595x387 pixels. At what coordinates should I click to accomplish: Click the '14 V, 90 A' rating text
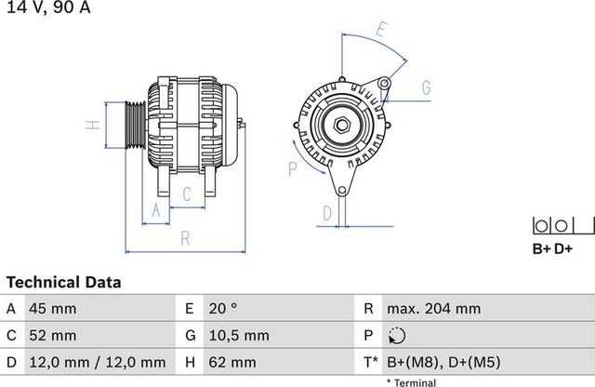(48, 9)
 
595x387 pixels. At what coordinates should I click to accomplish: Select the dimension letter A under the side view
(156, 212)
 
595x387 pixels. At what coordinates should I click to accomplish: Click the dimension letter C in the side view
(186, 193)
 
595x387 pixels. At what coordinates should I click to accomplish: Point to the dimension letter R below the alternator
(185, 238)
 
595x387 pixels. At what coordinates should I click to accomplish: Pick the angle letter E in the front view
(381, 29)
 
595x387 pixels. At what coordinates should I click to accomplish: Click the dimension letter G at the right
(426, 88)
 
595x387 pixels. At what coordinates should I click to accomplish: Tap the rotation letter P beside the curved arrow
(292, 168)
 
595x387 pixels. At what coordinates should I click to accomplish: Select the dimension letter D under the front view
(327, 213)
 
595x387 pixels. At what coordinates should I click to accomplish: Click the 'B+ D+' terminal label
(552, 248)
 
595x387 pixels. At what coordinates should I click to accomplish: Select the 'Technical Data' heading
(63, 282)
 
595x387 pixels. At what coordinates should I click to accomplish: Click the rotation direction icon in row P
(396, 335)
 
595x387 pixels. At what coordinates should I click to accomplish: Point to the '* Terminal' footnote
(413, 380)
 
